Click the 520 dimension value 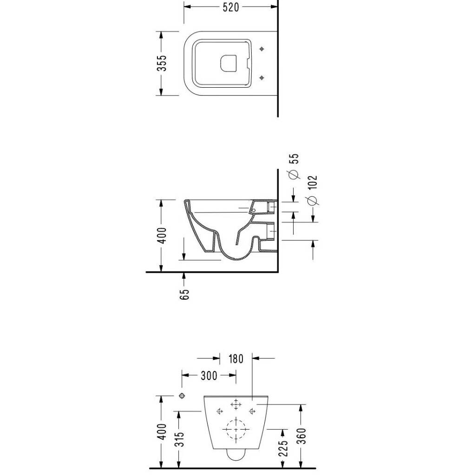click(231, 7)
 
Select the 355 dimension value click(161, 63)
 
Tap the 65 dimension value click(184, 294)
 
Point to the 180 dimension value click(235, 359)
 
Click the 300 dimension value click(209, 376)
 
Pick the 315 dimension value click(180, 438)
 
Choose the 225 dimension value click(283, 448)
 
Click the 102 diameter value click(313, 182)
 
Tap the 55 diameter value click(294, 159)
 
